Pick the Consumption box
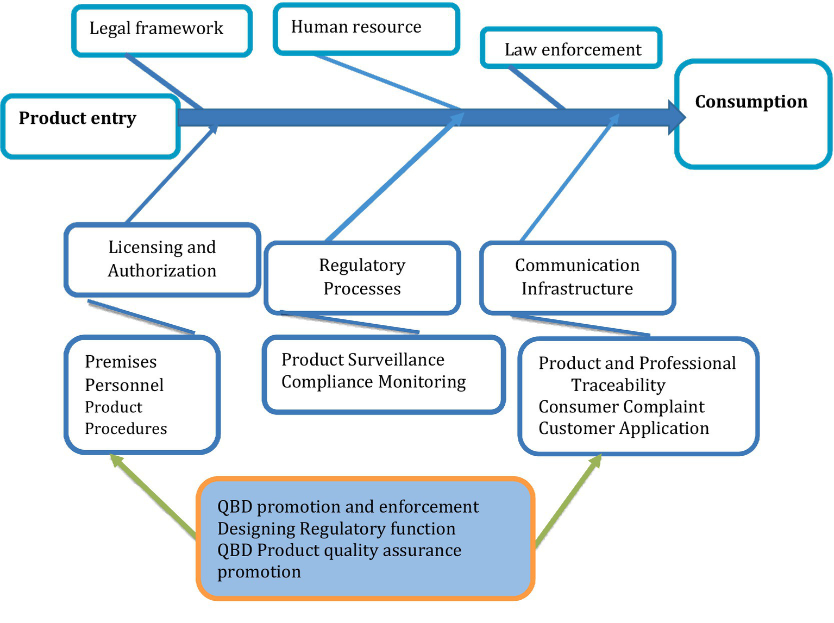pyautogui.click(x=753, y=114)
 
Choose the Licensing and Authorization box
pyautogui.click(x=162, y=259)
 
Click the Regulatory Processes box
pyautogui.click(x=362, y=277)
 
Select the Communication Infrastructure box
pyautogui.click(x=577, y=277)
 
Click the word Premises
pyautogui.click(x=121, y=362)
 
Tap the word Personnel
pyautogui.click(x=124, y=385)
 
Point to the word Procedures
pyautogui.click(x=126, y=429)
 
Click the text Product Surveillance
pyautogui.click(x=362, y=360)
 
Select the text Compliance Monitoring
pyautogui.click(x=373, y=382)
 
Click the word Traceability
pyautogui.click(x=618, y=385)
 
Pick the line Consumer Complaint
pyautogui.click(x=621, y=407)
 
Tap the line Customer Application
pyautogui.click(x=623, y=429)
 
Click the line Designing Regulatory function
pyautogui.click(x=336, y=528)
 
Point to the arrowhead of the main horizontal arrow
pyautogui.click(x=676, y=117)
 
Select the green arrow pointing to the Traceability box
pyautogui.click(x=569, y=500)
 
